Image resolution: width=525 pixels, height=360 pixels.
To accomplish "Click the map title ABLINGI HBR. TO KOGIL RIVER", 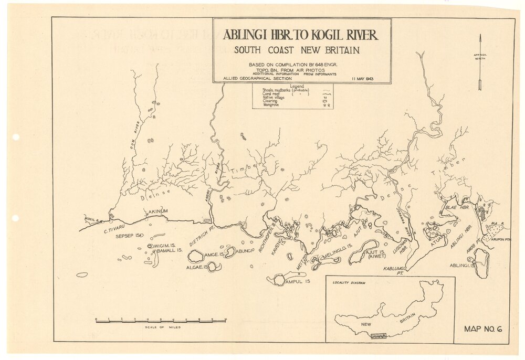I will click(x=300, y=35).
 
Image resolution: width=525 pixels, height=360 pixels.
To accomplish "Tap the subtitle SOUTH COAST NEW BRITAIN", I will click(x=297, y=51).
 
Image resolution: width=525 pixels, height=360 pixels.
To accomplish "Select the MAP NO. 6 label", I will click(x=483, y=330).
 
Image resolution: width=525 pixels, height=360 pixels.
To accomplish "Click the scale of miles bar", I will click(x=161, y=320).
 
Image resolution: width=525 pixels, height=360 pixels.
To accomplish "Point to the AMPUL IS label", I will click(x=300, y=282).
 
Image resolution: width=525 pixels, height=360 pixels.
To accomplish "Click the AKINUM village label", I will click(x=160, y=212).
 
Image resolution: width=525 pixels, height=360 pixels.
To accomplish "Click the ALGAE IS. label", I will click(x=196, y=267).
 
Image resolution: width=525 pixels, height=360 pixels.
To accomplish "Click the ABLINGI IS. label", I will click(x=462, y=266).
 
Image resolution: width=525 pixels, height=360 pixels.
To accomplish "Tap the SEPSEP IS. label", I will click(x=129, y=236).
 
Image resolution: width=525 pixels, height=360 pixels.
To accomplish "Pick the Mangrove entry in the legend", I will click(x=273, y=105).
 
